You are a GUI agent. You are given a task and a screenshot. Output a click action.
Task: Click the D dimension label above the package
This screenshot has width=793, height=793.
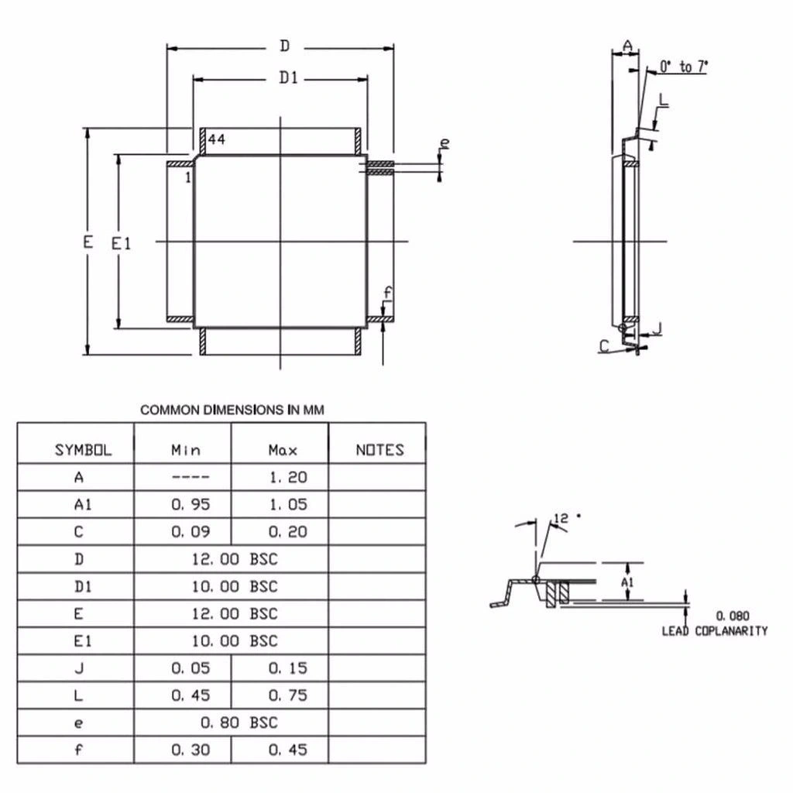285,46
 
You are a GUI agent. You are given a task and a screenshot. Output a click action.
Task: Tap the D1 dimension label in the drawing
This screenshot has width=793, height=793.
288,77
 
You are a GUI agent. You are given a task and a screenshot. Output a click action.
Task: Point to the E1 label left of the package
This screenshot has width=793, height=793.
122,244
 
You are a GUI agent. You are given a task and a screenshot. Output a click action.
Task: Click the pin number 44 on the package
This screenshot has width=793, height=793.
217,139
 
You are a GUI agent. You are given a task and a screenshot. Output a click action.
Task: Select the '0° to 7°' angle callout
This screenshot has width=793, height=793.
684,67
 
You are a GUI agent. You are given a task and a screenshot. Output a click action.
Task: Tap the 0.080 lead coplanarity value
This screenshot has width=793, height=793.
733,616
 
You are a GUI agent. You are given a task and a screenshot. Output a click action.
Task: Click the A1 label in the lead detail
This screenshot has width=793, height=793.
627,582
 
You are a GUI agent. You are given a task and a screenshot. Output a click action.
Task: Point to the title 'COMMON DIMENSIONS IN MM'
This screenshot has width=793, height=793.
232,410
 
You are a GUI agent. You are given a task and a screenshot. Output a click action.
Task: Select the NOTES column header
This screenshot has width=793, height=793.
379,450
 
